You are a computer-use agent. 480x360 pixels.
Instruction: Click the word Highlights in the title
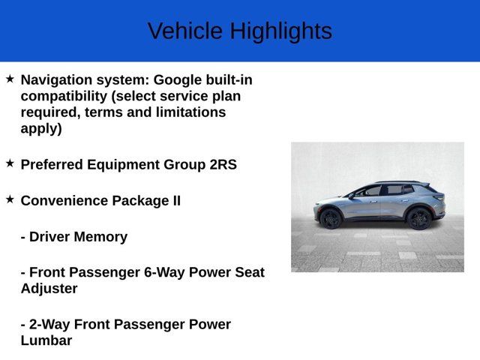(x=280, y=31)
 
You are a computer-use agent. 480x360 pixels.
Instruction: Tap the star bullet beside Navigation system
(x=10, y=78)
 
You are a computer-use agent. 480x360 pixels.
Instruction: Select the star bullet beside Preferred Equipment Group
(x=10, y=163)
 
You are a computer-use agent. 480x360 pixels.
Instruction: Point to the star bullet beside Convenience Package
(x=10, y=199)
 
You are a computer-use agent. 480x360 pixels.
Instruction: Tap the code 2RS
(x=223, y=164)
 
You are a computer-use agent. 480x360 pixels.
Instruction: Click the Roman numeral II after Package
(x=173, y=200)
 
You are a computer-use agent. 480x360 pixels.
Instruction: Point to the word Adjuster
(x=49, y=288)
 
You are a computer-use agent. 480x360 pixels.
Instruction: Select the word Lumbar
(x=46, y=340)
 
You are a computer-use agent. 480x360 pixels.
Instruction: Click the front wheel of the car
(x=331, y=218)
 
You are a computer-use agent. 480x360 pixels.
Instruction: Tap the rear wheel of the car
(x=418, y=218)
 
